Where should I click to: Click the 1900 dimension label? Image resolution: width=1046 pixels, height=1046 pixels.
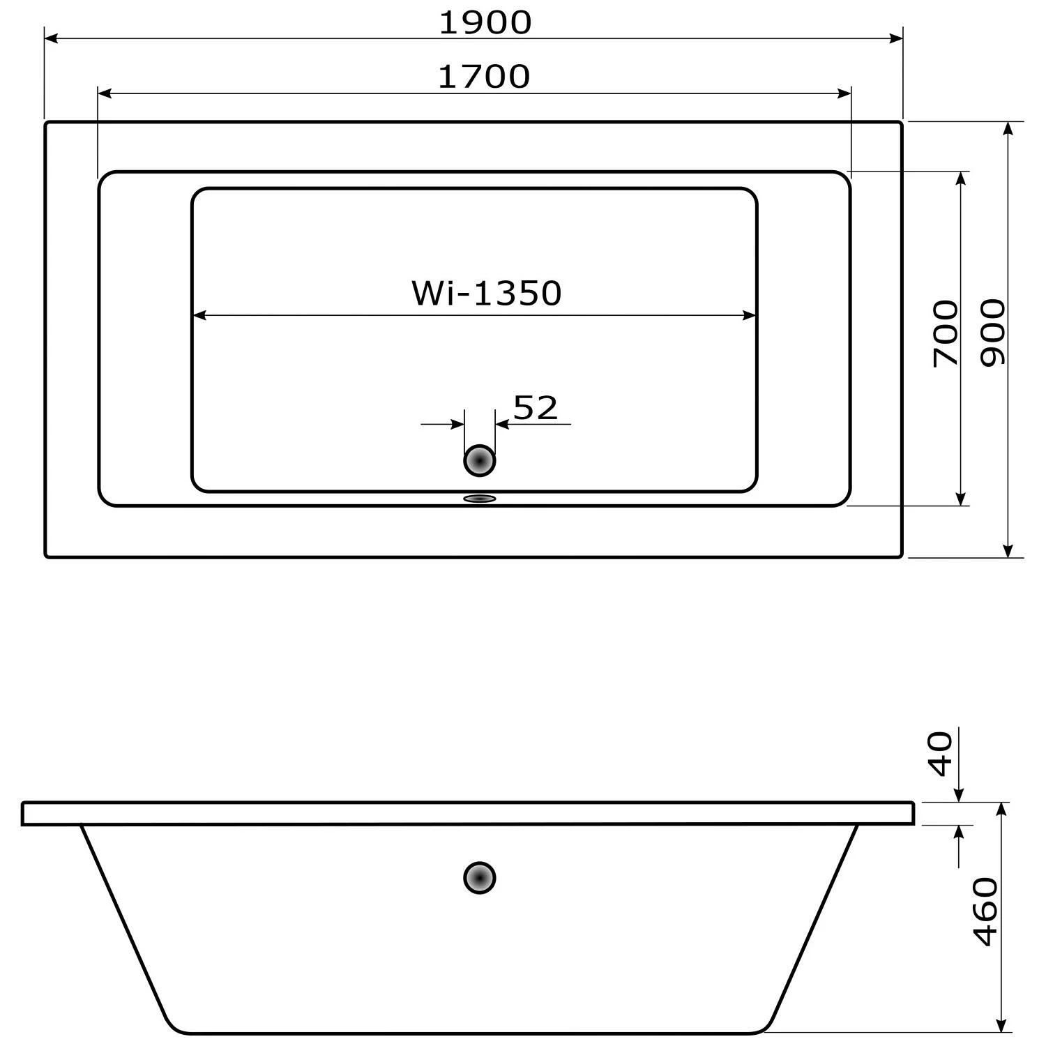point(485,23)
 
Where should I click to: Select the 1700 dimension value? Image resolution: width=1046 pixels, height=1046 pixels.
point(484,77)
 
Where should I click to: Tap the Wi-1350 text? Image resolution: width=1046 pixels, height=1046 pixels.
point(486,294)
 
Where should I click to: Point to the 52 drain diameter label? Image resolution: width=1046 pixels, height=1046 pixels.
point(536,408)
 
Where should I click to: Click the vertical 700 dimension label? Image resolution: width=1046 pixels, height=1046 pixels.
point(946,333)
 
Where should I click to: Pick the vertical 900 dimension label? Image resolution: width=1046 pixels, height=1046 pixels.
point(993,333)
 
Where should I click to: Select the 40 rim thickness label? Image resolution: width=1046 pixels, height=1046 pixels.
point(941,754)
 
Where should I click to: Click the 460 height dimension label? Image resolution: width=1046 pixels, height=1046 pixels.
point(986,912)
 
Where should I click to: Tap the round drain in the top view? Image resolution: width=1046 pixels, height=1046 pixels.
point(480,461)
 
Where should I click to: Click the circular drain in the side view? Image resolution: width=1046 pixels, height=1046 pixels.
point(480,878)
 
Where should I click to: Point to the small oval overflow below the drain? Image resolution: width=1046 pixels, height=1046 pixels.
point(480,499)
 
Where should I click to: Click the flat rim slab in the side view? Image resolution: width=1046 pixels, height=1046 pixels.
point(467,814)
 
